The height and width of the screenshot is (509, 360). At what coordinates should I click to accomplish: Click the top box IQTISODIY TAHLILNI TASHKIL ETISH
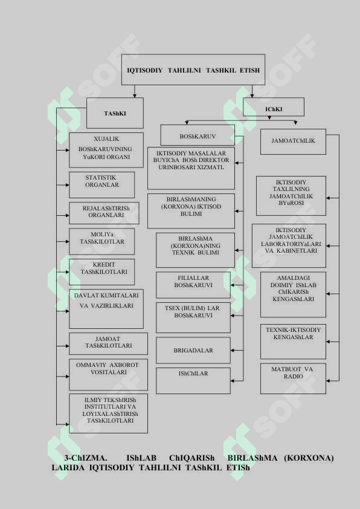(193, 70)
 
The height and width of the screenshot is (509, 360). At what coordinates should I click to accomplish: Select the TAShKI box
(115, 113)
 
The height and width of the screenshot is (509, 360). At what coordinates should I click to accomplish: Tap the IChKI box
(274, 107)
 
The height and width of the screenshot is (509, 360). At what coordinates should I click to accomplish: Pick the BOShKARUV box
(198, 135)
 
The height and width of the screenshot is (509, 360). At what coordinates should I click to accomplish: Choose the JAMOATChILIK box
(293, 141)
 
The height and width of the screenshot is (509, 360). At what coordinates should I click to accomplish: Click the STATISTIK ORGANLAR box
(102, 185)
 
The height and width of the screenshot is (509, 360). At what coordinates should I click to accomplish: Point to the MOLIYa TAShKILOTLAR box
(102, 241)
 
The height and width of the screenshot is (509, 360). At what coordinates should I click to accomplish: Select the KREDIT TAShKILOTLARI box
(102, 271)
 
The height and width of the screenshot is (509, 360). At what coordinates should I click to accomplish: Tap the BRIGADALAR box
(193, 350)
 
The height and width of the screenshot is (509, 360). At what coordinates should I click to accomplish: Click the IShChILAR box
(193, 380)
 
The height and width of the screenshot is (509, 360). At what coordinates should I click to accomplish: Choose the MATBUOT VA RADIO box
(293, 378)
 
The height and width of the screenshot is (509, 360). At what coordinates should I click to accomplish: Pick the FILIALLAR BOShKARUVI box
(193, 285)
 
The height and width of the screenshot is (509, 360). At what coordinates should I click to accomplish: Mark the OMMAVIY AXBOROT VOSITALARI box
(108, 374)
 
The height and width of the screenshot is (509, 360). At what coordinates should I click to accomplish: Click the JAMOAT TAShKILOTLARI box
(108, 343)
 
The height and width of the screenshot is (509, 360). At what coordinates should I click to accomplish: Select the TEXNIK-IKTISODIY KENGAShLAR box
(293, 342)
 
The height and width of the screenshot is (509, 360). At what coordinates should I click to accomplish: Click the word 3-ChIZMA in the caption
(85, 458)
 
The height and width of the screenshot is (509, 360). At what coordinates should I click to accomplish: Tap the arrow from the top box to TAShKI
(135, 91)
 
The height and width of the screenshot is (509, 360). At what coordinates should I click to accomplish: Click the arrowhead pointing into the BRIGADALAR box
(233, 350)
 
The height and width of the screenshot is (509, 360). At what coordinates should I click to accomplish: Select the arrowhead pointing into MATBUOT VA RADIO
(328, 380)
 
